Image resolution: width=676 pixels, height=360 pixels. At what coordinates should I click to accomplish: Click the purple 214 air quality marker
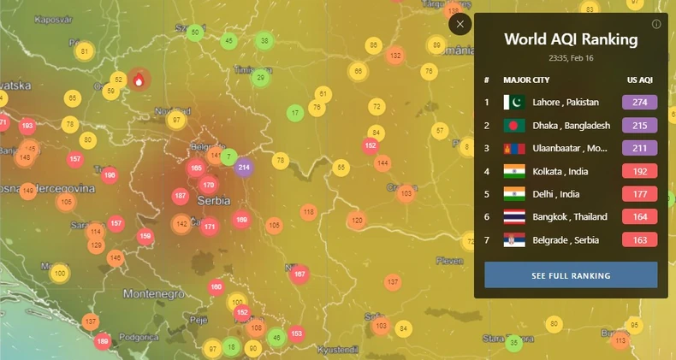coord(244,167)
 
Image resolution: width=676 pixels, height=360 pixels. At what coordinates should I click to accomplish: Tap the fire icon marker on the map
coord(139,80)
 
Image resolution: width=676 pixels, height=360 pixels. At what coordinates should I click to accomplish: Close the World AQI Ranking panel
coord(460,24)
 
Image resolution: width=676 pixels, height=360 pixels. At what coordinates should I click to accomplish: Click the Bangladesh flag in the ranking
coord(514,125)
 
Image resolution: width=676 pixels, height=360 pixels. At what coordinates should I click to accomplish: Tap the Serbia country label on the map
coord(213,200)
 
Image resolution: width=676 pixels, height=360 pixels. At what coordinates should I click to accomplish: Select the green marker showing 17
coord(295,112)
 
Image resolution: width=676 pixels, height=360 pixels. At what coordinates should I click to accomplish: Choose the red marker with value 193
coord(27,126)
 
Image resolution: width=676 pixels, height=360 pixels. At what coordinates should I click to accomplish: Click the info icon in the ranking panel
coord(656,24)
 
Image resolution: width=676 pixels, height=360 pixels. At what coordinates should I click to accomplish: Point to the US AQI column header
coord(639,80)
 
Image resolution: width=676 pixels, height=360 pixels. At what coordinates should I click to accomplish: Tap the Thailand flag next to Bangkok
coord(514,217)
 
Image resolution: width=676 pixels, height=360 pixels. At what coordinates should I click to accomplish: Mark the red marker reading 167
coord(299,274)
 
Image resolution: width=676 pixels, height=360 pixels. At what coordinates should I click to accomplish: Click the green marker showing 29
coord(261,78)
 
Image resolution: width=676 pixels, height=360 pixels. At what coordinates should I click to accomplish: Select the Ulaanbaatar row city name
coord(570,148)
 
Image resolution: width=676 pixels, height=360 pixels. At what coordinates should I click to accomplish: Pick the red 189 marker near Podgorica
coord(103,342)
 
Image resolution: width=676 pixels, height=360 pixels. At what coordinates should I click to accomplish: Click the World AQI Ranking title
coord(571,39)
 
